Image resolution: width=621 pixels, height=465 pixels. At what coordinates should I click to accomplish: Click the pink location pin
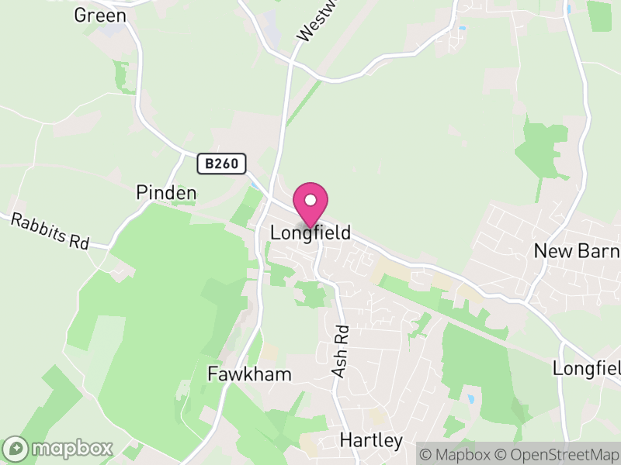point(310,205)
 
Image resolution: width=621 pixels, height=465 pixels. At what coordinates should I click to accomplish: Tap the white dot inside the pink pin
point(310,201)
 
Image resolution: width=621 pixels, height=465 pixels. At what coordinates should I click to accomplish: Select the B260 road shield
point(221,164)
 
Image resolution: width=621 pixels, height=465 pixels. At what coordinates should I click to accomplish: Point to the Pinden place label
point(165,192)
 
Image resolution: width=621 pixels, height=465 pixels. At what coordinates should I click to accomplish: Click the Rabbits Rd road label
point(50,231)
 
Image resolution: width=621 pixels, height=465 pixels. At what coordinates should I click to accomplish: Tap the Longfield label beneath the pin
point(310,232)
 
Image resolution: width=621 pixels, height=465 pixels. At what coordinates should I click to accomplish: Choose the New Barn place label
point(577,251)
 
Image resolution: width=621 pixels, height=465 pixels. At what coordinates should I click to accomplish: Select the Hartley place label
point(371,441)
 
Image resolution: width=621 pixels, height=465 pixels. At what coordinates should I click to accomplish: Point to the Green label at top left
point(100,15)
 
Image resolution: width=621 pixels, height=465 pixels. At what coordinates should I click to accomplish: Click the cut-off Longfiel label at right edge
point(586,368)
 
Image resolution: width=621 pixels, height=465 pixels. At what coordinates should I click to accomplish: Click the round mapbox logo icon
point(16,448)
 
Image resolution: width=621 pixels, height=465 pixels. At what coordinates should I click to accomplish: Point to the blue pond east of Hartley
point(471,399)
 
